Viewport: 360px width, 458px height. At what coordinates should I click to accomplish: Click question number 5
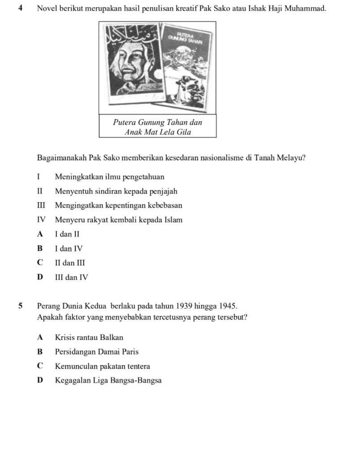(21, 307)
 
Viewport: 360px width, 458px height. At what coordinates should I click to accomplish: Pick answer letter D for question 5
(41, 381)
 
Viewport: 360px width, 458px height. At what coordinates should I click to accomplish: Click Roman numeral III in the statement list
(42, 206)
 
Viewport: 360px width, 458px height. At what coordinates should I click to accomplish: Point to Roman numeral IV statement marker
(42, 220)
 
